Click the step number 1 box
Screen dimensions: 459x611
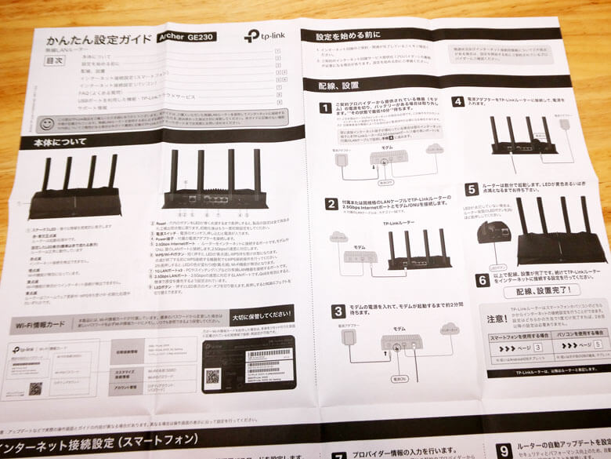click(x=324, y=107)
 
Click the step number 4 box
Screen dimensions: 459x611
click(x=457, y=102)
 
